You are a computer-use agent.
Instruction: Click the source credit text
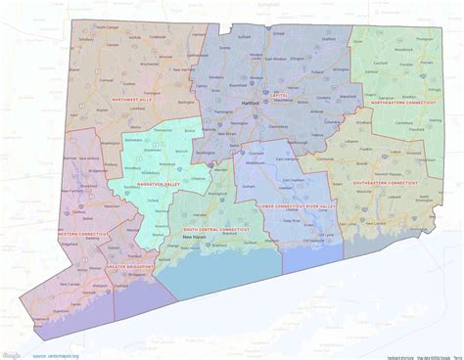55,353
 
